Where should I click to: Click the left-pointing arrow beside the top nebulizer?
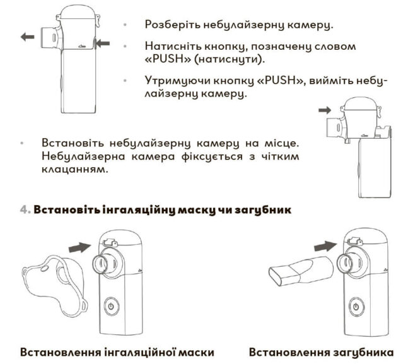click(27, 37)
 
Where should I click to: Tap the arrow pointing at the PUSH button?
click(103, 44)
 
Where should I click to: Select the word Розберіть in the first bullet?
click(173, 25)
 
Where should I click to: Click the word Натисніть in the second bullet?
click(173, 46)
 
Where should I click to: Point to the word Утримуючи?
click(177, 81)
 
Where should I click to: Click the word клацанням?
click(74, 170)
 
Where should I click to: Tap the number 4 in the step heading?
click(25, 209)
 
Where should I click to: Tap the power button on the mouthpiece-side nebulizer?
click(356, 307)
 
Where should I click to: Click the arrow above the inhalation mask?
click(79, 247)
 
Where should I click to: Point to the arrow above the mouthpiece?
click(325, 246)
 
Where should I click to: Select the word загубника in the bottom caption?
click(363, 353)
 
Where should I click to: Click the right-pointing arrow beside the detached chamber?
click(325, 110)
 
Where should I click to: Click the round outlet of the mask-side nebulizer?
click(101, 264)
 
